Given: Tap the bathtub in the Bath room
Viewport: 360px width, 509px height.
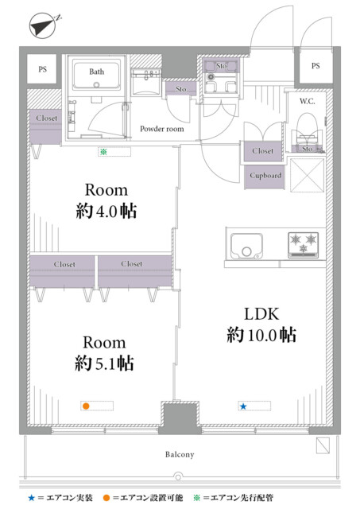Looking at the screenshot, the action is [x=96, y=75].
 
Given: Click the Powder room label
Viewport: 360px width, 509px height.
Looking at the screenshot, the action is [x=162, y=129].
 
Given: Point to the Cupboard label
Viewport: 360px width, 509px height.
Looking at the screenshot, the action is [x=265, y=175].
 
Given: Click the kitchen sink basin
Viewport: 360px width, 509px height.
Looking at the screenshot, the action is [x=246, y=247].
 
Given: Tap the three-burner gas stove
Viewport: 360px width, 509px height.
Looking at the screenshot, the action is [x=304, y=246].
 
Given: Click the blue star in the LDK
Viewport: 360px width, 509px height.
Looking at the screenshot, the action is [x=243, y=406].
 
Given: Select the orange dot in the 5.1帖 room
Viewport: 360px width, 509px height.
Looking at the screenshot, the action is [x=86, y=406].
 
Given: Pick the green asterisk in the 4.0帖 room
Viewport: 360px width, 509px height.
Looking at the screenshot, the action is [x=103, y=151].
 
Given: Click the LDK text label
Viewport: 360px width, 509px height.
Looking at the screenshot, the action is [x=261, y=314].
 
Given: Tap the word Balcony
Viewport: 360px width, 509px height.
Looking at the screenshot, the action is [x=180, y=454].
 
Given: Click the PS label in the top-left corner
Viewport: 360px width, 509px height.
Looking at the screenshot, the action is [x=42, y=69].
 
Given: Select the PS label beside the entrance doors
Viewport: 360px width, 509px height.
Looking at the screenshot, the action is [x=315, y=66].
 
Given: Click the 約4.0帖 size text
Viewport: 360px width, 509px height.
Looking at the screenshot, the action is [x=106, y=212].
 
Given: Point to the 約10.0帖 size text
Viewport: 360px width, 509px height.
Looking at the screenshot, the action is [x=261, y=335].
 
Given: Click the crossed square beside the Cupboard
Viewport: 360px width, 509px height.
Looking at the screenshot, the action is [x=307, y=175].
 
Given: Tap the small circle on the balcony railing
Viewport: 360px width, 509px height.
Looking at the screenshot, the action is [x=178, y=477].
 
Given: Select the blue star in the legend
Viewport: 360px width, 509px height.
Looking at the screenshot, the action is [x=32, y=498].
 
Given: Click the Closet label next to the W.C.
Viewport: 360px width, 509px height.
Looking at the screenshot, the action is [x=263, y=151].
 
